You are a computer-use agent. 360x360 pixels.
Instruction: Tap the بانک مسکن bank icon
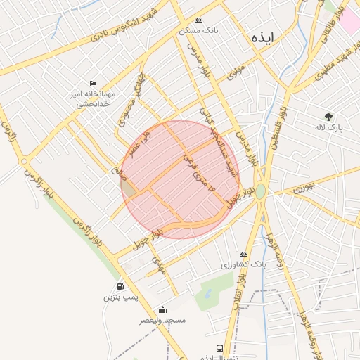(199, 20)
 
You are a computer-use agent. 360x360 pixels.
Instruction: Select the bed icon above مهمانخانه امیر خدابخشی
(94, 84)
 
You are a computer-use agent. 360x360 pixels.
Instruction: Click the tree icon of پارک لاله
(328, 116)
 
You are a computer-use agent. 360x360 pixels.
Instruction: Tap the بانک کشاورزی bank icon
(243, 254)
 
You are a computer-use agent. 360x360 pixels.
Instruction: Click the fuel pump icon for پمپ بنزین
(121, 286)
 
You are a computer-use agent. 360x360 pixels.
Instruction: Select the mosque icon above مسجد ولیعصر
(163, 309)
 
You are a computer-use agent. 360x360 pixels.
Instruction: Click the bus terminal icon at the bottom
(219, 348)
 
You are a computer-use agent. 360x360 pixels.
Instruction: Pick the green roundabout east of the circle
(261, 191)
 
